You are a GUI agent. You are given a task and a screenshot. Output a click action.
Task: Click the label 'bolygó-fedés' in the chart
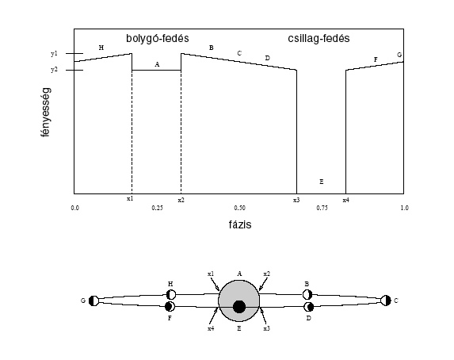click(157, 39)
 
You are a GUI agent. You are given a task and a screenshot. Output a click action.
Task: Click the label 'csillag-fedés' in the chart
click(319, 39)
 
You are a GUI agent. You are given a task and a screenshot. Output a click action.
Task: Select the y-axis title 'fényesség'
click(46, 112)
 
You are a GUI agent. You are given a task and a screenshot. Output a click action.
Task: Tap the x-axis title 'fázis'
click(240, 224)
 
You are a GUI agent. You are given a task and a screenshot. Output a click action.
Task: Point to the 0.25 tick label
click(157, 208)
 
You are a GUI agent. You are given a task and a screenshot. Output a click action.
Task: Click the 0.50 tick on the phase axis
click(240, 208)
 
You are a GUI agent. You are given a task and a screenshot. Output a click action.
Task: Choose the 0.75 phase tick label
click(322, 208)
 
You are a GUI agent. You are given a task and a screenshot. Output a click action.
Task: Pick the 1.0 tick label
click(405, 208)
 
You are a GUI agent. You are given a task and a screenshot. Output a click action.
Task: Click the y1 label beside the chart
click(54, 54)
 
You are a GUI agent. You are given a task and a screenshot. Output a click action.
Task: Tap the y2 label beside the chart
click(54, 70)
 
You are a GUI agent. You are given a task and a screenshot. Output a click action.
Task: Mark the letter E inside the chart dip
click(322, 182)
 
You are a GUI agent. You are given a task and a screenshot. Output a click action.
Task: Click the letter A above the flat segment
click(157, 64)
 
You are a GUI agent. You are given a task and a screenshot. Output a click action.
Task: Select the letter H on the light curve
click(101, 48)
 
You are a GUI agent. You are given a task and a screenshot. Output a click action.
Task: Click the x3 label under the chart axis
click(296, 200)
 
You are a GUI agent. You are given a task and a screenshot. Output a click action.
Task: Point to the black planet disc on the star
click(239, 307)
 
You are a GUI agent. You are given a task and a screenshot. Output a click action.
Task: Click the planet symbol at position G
click(93, 301)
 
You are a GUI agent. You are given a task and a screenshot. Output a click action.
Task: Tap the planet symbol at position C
click(386, 301)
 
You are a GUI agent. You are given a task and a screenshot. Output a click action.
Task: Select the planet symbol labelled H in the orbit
click(171, 294)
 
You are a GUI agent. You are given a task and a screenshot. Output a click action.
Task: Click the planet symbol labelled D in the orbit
click(309, 306)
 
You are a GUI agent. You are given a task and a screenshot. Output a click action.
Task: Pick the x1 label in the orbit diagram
click(211, 274)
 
